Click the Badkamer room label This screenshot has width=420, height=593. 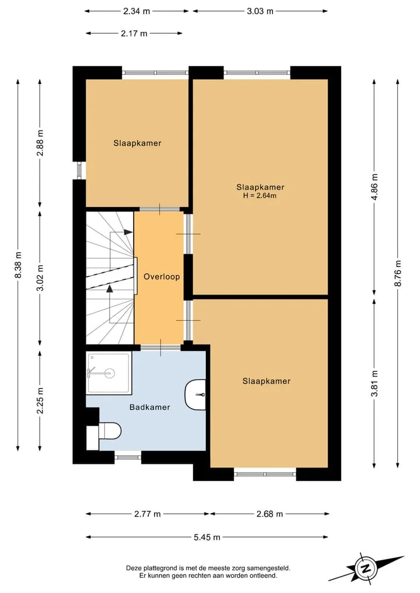click(149, 408)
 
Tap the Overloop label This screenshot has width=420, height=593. click(162, 276)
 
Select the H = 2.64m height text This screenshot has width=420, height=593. click(260, 195)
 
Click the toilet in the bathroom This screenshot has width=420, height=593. click(110, 431)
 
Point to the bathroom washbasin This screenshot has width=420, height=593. click(195, 395)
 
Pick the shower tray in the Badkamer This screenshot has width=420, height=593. click(109, 373)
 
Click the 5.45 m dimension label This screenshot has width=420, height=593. click(207, 537)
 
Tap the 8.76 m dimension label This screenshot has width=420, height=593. click(398, 273)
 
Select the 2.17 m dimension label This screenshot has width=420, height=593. click(134, 33)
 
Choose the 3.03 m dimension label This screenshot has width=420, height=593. click(260, 11)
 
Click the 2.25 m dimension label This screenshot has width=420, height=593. click(40, 401)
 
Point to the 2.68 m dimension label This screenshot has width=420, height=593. click(269, 514)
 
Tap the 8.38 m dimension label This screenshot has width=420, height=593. click(18, 265)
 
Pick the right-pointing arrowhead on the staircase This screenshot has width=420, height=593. click(128, 232)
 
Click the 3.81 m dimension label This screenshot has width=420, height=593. click(374, 384)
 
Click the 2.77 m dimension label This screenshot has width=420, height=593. click(148, 514)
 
